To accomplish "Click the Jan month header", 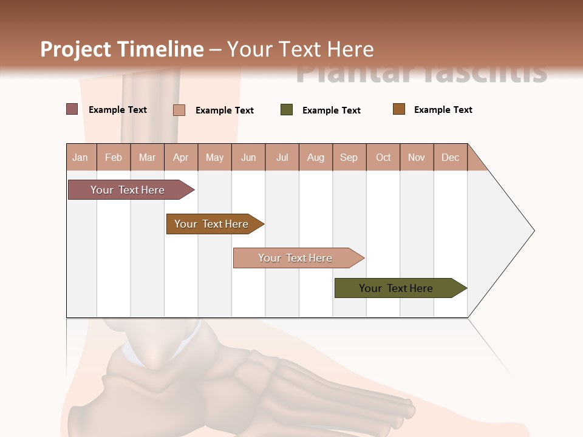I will [81, 157].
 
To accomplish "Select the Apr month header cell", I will [181, 157].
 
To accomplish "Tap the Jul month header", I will [282, 157].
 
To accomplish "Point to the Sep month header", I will [349, 157].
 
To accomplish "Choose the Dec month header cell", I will [450, 157].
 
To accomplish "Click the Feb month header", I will [114, 157].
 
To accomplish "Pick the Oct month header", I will [383, 157].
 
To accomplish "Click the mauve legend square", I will [72, 109].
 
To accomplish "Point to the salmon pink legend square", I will [179, 110].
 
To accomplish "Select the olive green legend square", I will [287, 110].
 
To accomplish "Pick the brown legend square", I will [399, 109].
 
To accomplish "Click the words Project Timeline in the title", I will [121, 49].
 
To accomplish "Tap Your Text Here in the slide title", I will [301, 49].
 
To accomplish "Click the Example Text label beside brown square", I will [443, 110].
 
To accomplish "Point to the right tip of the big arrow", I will [533, 231].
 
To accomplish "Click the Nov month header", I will [417, 157].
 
